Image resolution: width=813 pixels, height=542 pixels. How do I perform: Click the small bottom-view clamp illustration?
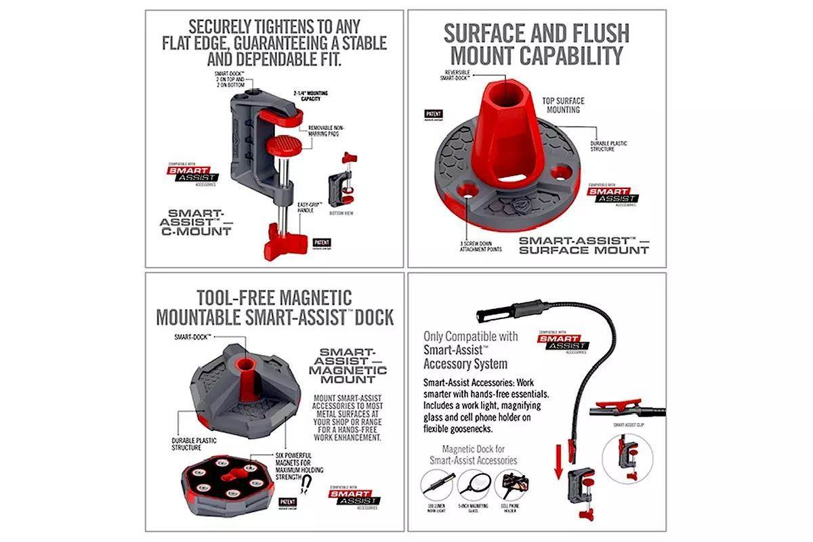coord(343,180)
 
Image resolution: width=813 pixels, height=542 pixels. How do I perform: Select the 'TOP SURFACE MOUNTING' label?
coord(563,105)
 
